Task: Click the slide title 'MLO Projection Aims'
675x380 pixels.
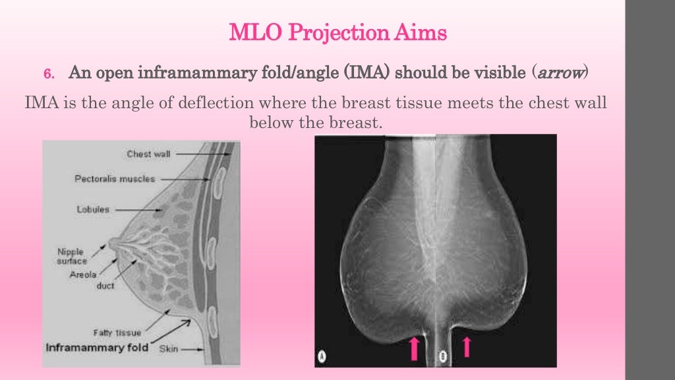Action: pos(337,32)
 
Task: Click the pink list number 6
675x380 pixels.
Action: pos(47,73)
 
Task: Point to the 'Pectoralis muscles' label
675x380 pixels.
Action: pos(124,179)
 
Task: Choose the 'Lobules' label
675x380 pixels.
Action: pos(92,209)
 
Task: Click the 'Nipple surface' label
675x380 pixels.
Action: pos(72,255)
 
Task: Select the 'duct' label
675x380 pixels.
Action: pos(105,286)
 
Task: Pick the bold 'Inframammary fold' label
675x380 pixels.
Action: pos(96,347)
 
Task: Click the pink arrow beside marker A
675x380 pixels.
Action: pos(414,347)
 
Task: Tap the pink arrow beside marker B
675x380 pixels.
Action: pos(467,346)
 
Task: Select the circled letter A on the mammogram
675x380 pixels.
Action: pos(323,357)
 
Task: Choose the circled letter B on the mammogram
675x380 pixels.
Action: pos(444,357)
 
